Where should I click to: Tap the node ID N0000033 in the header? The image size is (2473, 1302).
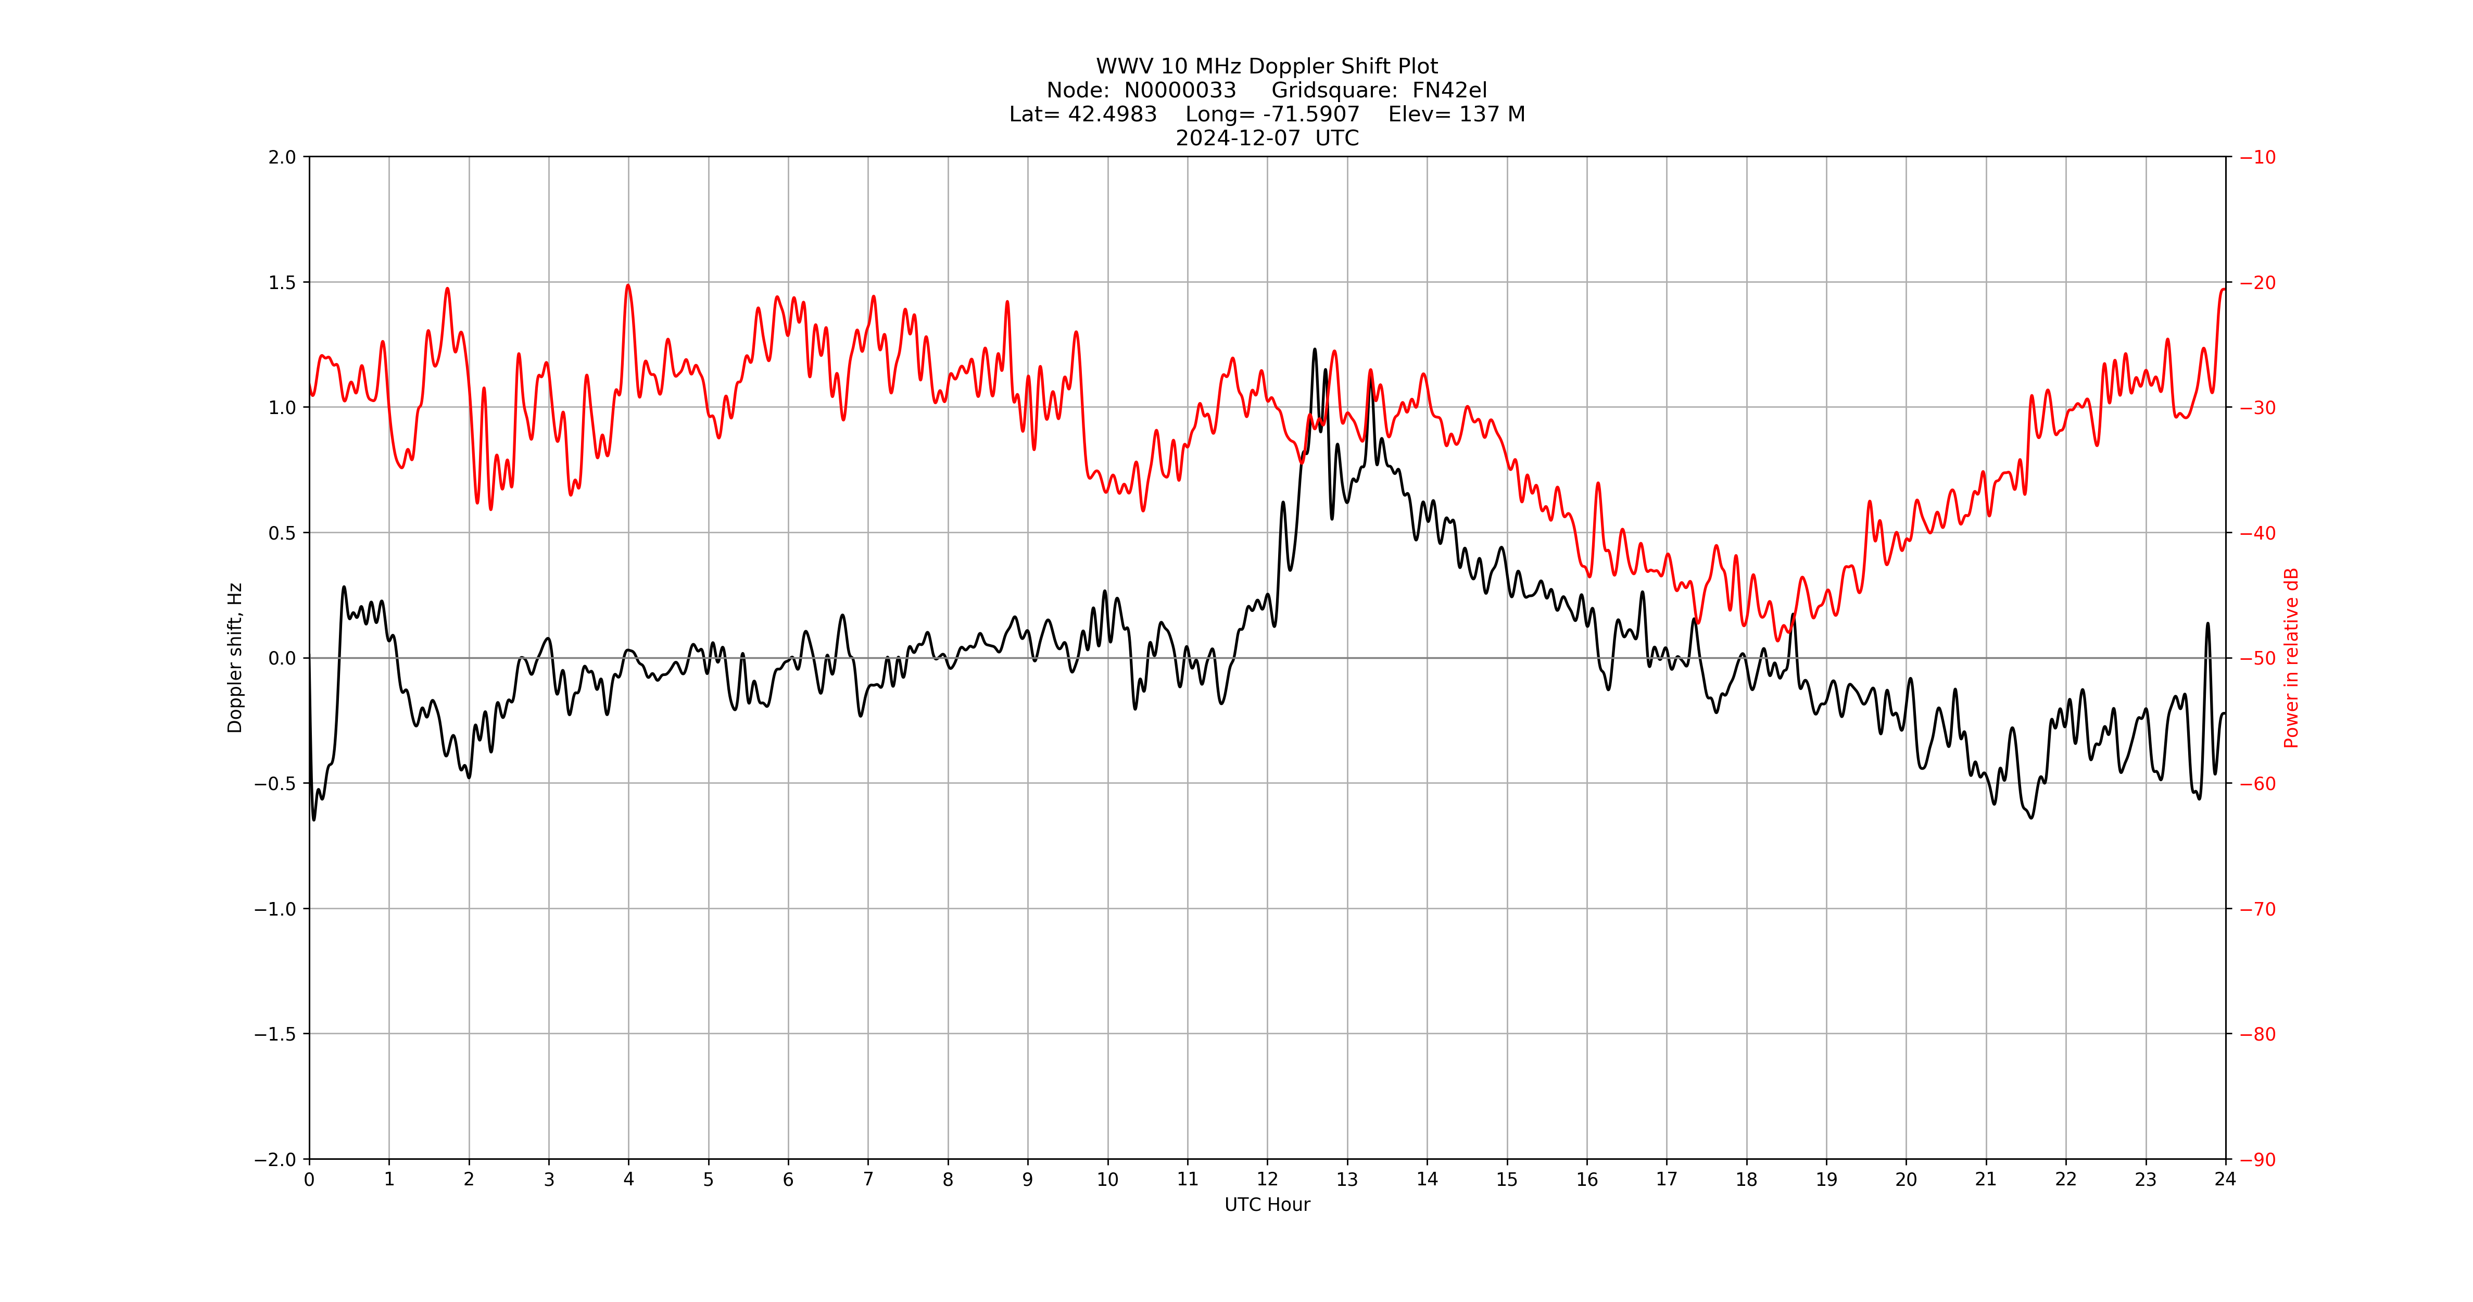pyautogui.click(x=1180, y=90)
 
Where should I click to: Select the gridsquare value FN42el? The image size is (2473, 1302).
pyautogui.click(x=1449, y=90)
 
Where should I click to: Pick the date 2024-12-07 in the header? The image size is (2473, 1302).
pyautogui.click(x=1238, y=138)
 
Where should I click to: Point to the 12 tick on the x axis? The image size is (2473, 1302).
pyautogui.click(x=1267, y=1179)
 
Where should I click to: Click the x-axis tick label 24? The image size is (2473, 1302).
pyautogui.click(x=2225, y=1179)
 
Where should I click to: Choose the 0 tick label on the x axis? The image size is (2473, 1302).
pyautogui.click(x=309, y=1179)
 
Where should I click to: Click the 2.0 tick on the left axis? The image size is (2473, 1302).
pyautogui.click(x=282, y=157)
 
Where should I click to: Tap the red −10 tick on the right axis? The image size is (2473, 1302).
pyautogui.click(x=2257, y=157)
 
